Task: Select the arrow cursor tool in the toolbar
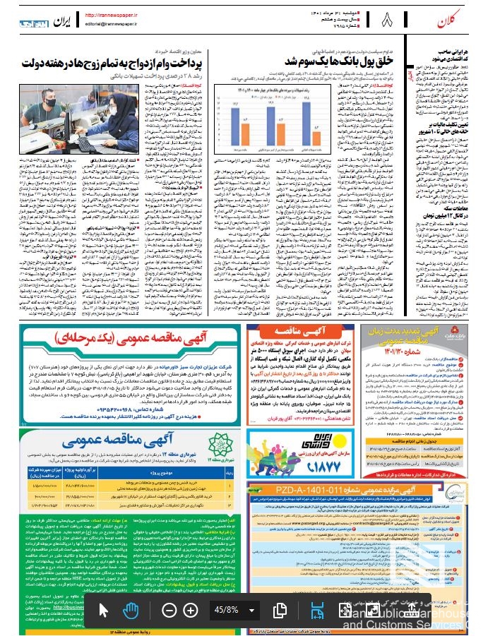pos(105,609)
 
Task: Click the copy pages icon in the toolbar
pos(280,609)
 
